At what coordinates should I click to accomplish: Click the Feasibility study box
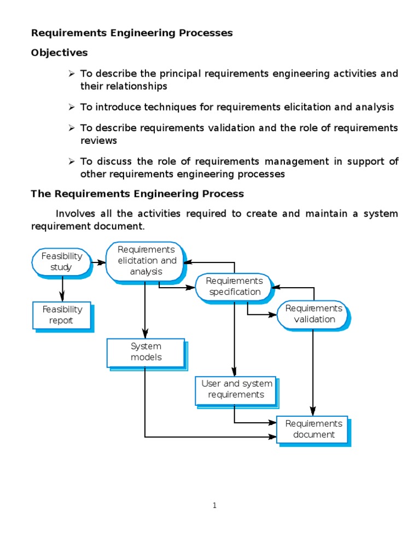61,261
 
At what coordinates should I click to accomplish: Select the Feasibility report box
61,315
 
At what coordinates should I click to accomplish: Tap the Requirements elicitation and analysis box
146,260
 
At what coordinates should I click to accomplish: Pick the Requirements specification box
234,286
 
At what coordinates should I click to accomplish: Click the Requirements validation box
313,314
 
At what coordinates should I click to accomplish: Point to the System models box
145,352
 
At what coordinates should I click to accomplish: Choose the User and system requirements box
236,389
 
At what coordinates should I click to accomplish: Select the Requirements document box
313,429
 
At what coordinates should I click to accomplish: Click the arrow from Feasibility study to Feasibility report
62,288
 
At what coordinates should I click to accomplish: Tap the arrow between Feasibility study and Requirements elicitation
98,262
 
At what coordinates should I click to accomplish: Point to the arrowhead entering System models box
145,334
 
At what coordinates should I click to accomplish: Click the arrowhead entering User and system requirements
235,371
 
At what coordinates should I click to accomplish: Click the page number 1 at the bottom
215,505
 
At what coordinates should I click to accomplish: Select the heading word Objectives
59,53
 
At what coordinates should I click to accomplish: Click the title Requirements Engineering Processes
132,33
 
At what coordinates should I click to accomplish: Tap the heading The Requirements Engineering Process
137,194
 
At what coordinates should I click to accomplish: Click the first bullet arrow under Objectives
71,73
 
